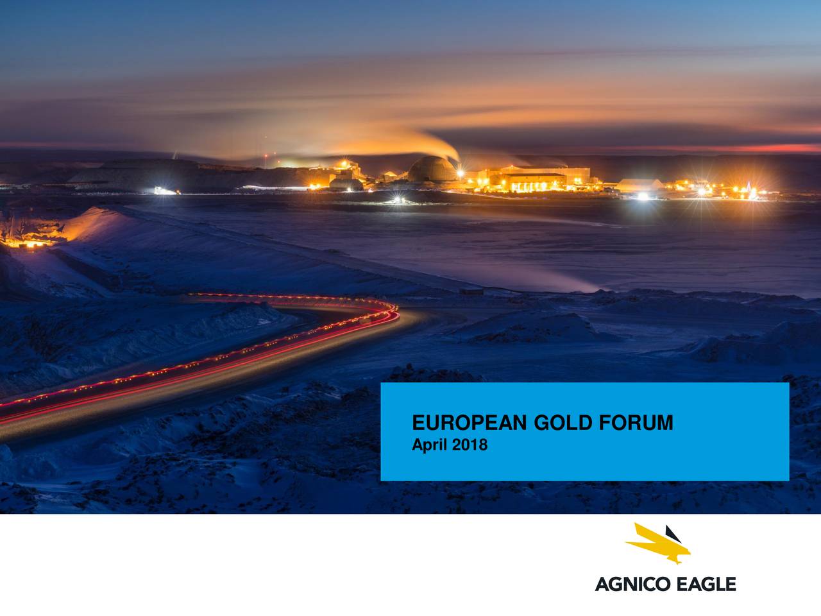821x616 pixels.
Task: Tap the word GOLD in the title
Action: (x=563, y=423)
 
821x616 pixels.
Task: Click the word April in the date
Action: (x=429, y=445)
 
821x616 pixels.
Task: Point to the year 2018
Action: (x=470, y=445)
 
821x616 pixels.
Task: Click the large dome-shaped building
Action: (x=432, y=169)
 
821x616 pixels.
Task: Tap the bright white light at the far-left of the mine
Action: (x=165, y=191)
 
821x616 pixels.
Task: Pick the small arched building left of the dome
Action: (x=346, y=184)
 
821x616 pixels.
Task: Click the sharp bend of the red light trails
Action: (x=392, y=311)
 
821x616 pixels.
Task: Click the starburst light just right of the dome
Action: (x=461, y=173)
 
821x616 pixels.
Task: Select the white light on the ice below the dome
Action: (x=397, y=200)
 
